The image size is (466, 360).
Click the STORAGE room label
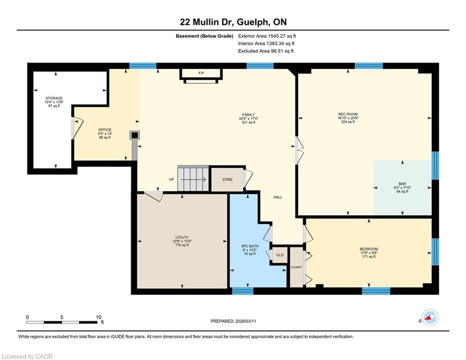54,98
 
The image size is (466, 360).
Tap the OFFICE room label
105,130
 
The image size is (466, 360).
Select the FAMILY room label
248,114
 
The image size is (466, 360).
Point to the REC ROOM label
348,114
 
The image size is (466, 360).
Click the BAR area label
402,184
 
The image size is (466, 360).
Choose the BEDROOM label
369,249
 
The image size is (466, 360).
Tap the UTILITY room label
182,237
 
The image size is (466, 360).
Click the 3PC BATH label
250,247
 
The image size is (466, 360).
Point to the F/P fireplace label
201,73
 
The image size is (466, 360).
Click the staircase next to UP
193,179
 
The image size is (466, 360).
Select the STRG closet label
227,180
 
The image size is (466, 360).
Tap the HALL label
278,197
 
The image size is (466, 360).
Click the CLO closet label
280,255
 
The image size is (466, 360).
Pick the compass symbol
430,318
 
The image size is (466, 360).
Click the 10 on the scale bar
99,317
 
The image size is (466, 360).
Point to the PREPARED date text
233,321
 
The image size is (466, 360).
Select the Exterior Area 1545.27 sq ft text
267,36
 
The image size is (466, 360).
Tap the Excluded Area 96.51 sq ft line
266,51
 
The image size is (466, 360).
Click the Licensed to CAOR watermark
27,356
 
